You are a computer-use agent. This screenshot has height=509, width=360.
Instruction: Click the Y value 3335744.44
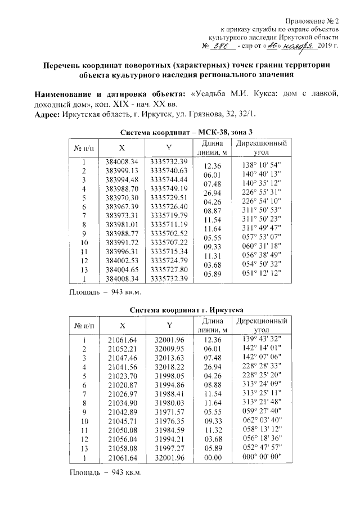coord(168,179)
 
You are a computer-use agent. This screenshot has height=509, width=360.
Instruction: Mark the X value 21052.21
coord(122,349)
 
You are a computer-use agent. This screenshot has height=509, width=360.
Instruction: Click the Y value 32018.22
coord(168,366)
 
